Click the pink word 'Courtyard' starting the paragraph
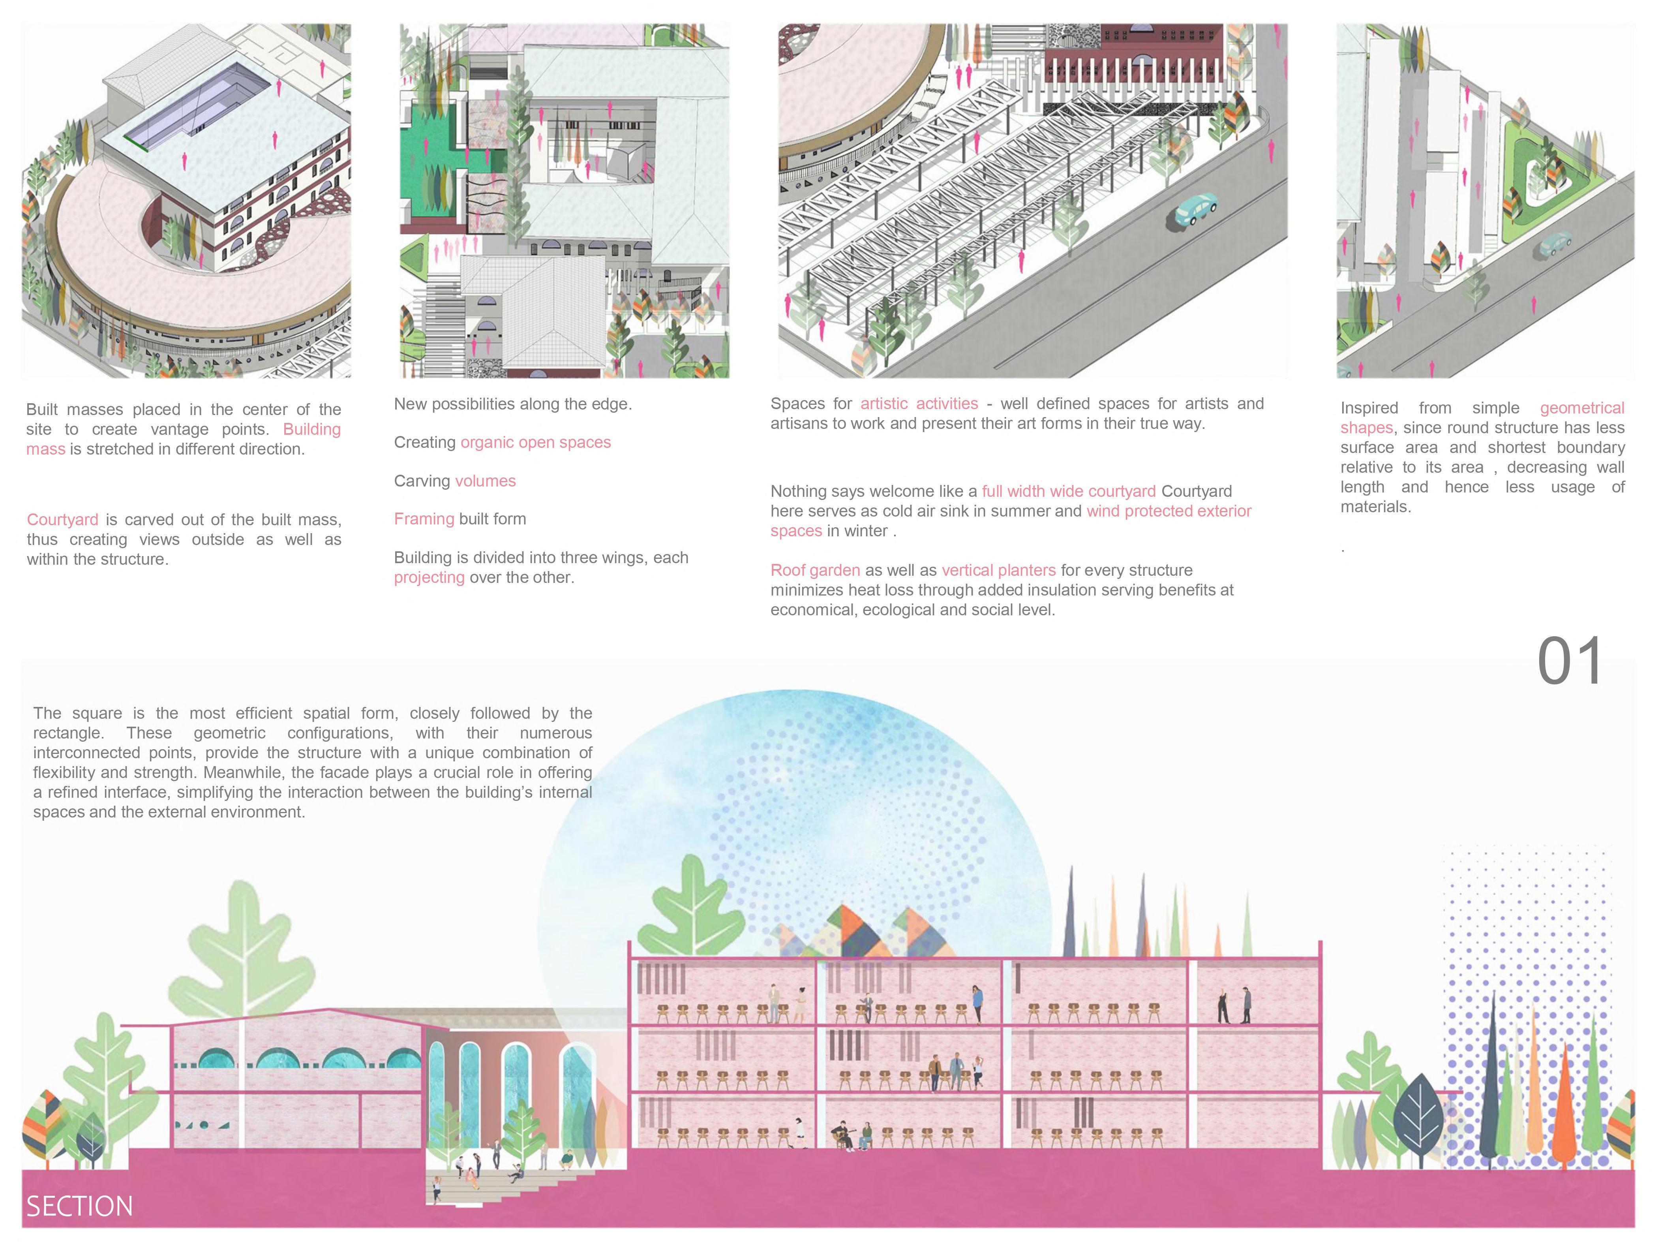point(62,520)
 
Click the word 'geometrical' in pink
point(1581,408)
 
